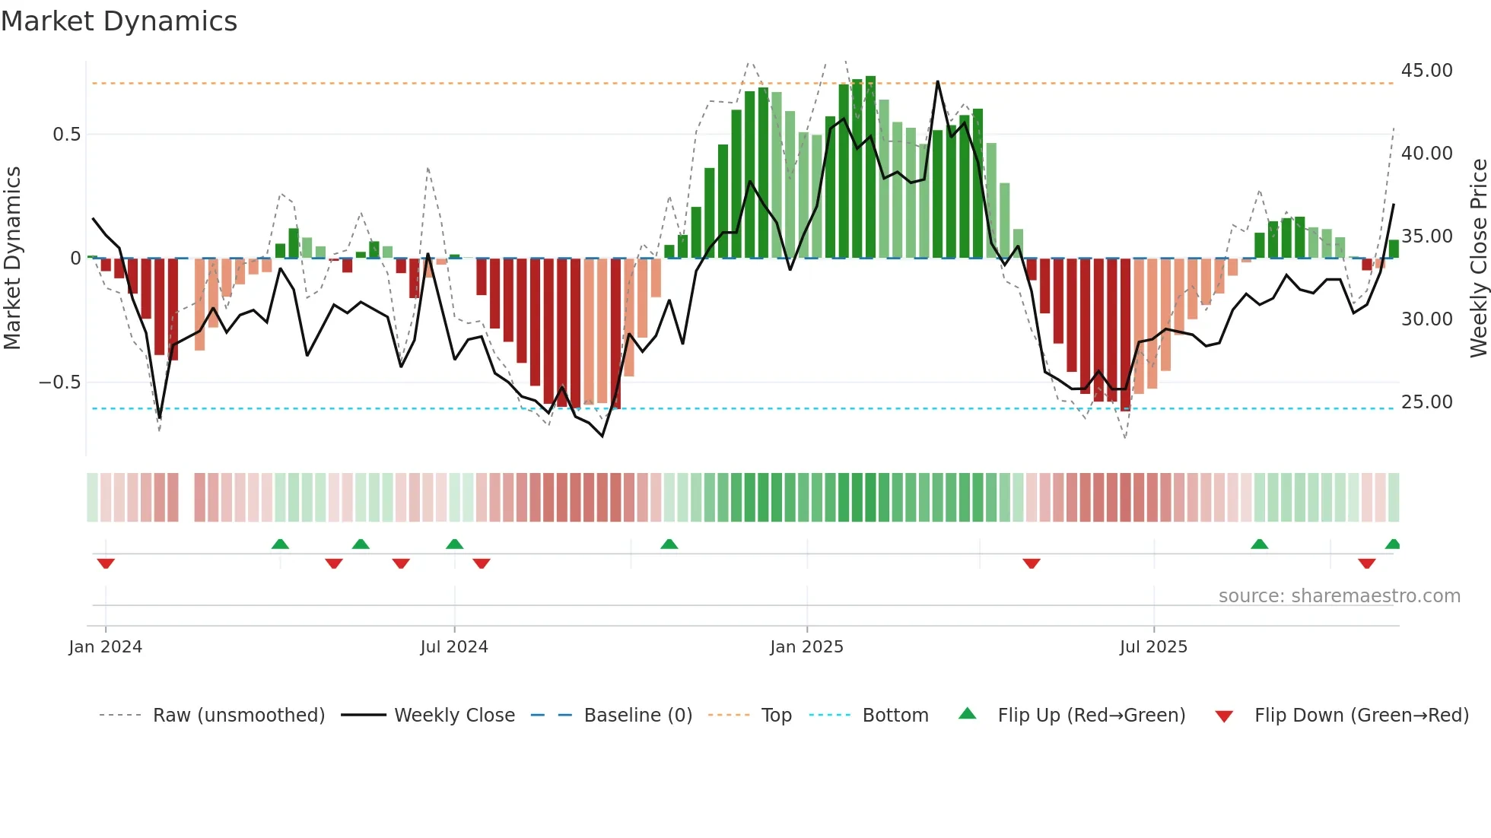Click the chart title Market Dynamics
119,21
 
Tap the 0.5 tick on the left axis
66,135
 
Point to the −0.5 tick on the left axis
60,382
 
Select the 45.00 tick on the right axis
1426,71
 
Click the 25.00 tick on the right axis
1426,402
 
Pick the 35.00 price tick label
1426,236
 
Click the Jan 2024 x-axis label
105,647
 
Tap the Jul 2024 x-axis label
454,647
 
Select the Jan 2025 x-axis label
806,647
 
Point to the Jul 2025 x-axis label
1153,647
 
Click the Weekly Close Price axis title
1478,259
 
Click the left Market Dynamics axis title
12,259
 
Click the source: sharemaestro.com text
1339,596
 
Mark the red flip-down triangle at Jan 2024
106,563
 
